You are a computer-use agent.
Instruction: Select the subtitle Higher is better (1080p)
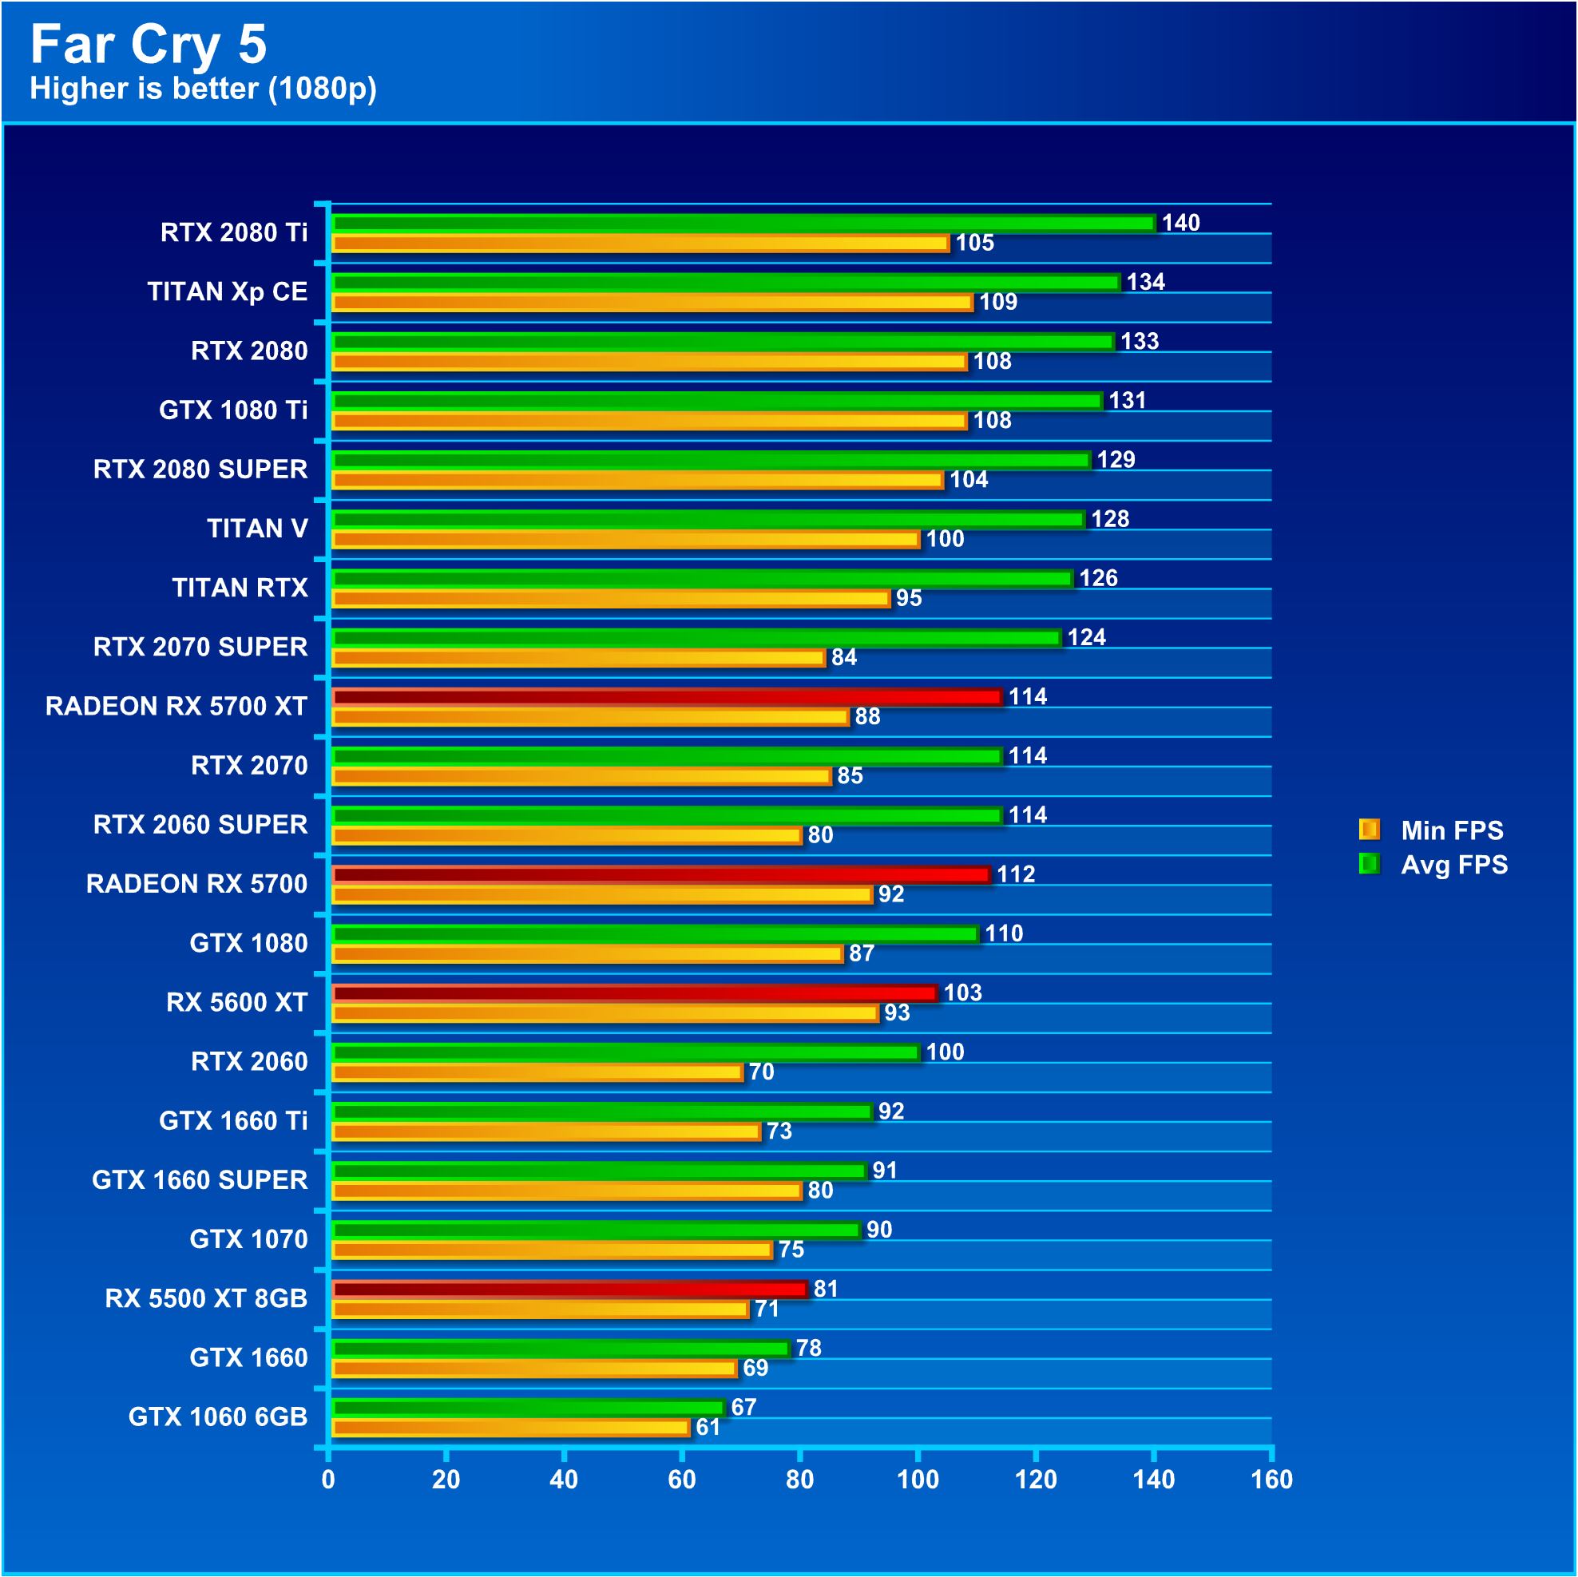[203, 88]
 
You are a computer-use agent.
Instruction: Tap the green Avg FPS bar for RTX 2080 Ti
[743, 222]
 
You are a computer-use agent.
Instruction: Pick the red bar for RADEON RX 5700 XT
[666, 696]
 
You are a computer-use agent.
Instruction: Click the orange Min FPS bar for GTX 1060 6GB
[510, 1428]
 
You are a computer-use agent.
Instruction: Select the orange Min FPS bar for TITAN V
[624, 539]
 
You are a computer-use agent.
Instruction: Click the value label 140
[1180, 222]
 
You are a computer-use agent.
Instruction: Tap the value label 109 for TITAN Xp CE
[997, 302]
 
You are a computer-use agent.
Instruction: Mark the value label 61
[708, 1428]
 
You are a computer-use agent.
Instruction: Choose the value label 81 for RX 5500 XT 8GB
[825, 1289]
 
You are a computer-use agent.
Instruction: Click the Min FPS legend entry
[1433, 830]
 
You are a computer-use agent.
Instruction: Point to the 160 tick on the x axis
[1271, 1479]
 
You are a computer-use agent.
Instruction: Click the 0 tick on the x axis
[328, 1479]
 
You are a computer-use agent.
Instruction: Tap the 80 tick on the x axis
[799, 1479]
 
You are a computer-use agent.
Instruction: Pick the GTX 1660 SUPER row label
[200, 1179]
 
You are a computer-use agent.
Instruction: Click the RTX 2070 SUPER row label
[200, 647]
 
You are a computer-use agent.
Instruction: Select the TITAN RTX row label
[240, 587]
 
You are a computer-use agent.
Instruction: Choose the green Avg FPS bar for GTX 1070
[597, 1230]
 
